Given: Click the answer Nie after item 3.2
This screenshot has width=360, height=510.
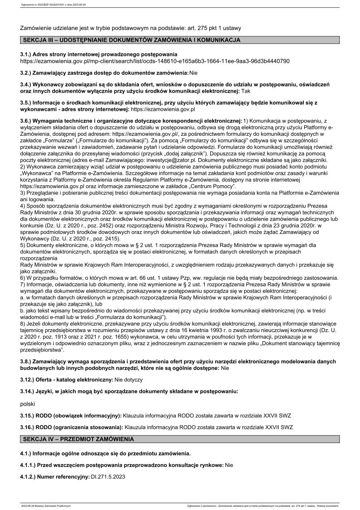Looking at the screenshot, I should [x=194, y=73].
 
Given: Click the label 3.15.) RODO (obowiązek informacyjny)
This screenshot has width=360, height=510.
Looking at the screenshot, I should [x=71, y=416].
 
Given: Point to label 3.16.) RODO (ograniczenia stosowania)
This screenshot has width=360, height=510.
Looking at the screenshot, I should [x=72, y=427].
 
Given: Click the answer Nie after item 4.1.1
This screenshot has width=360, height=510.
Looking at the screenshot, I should [x=229, y=465].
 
